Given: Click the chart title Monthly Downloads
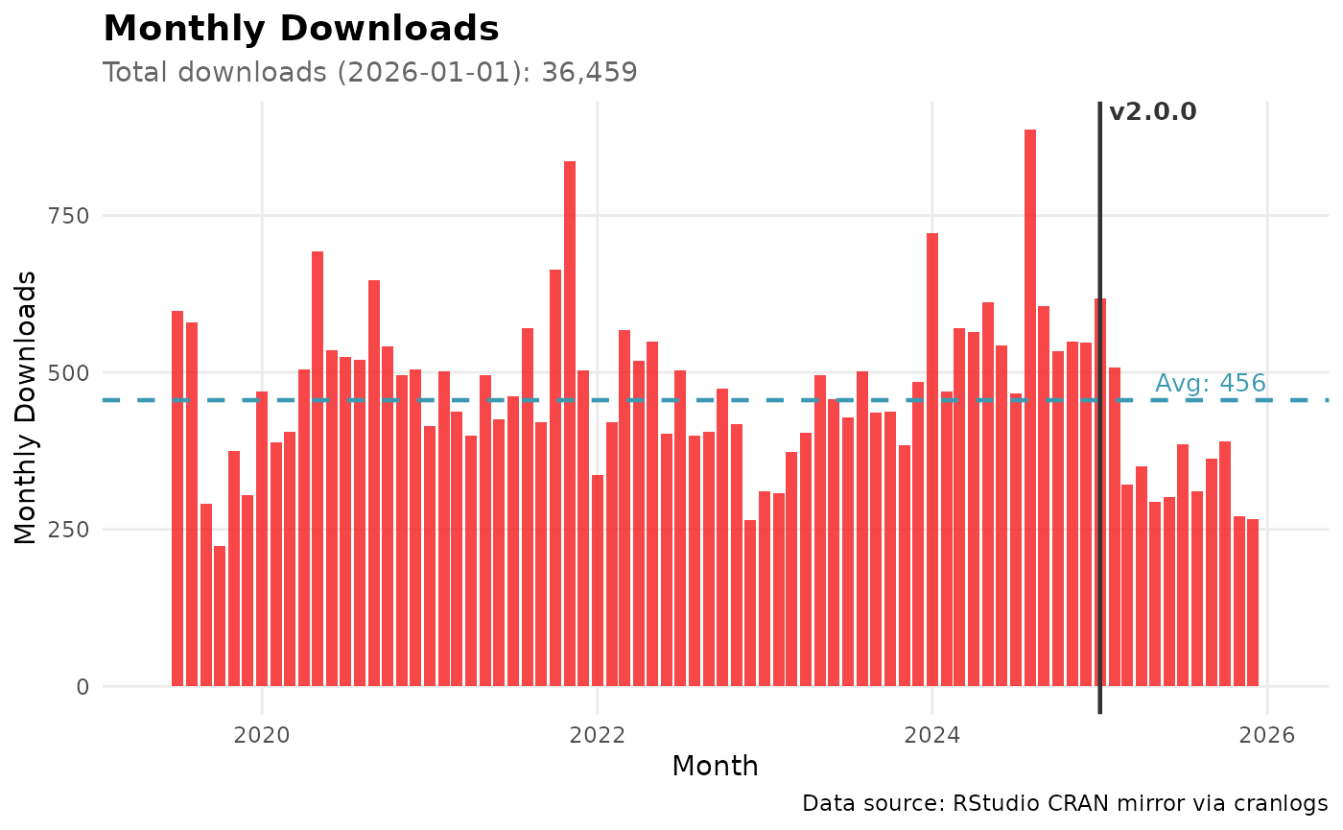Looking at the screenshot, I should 300,29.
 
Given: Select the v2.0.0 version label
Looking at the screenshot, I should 1152,112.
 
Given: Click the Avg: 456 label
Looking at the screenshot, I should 1210,384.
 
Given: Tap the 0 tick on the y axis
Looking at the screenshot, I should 82,687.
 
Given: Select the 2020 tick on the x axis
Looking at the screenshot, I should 262,738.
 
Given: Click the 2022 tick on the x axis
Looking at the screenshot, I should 597,738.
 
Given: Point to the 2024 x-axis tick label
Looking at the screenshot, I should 931,738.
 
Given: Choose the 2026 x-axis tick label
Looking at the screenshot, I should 1266,738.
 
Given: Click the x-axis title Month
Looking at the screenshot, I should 715,767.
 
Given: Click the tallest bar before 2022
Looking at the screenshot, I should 570,422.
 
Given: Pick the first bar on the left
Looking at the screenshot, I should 177,499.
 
